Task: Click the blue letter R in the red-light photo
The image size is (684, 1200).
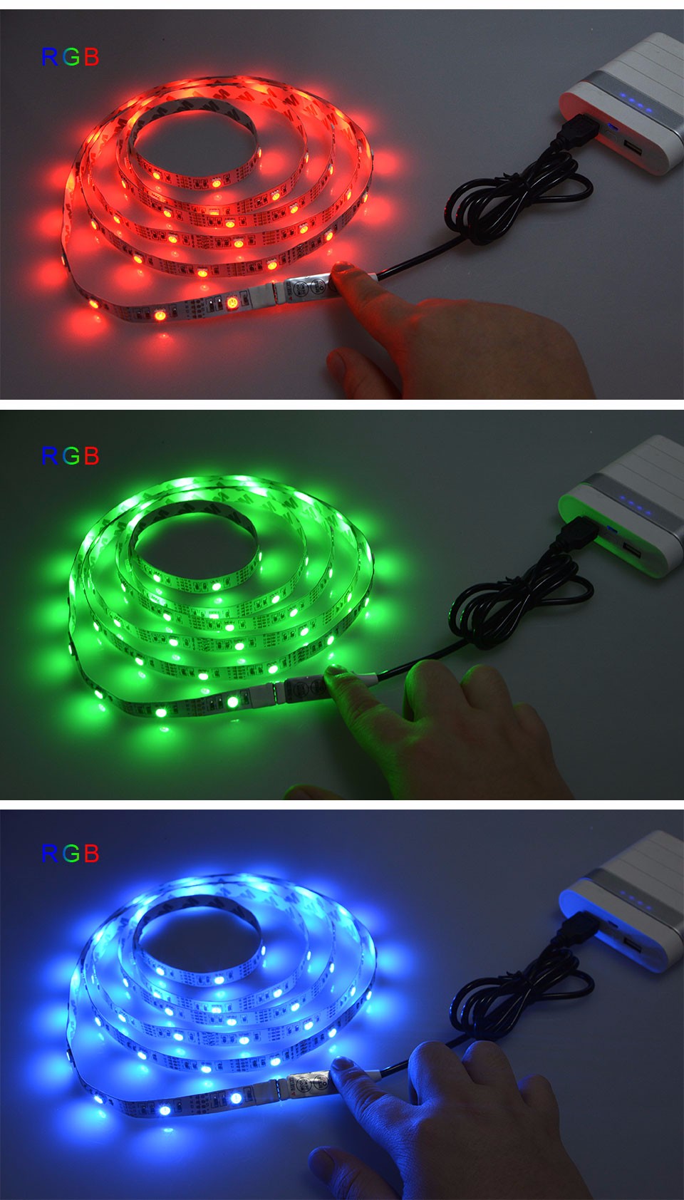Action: (x=49, y=57)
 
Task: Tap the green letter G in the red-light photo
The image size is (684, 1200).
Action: (x=71, y=57)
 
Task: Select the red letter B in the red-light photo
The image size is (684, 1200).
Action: (x=92, y=57)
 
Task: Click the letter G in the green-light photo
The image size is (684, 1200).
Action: (x=71, y=456)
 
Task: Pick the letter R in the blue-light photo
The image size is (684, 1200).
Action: (x=49, y=854)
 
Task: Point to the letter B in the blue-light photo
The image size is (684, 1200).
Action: (x=92, y=854)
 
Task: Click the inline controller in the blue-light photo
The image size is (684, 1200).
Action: (x=309, y=1083)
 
